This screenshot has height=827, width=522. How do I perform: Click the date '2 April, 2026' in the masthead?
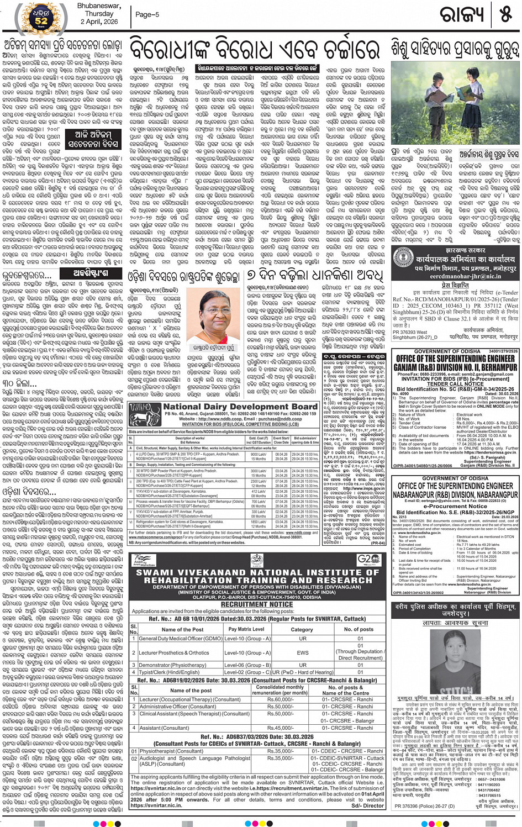coord(99,22)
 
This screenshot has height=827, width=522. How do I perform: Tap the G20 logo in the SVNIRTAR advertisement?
coord(367,559)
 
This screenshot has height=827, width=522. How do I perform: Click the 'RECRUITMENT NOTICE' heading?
coord(257,605)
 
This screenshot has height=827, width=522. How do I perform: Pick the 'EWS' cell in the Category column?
coord(302,652)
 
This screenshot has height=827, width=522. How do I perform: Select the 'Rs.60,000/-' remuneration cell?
coord(280,699)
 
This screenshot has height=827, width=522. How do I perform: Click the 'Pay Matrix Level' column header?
coord(246,629)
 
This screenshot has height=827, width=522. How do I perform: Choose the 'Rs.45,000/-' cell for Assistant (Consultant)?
coord(280,728)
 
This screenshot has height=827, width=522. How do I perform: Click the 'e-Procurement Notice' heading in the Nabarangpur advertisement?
coord(455,505)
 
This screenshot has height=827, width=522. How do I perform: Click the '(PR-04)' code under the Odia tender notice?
coord(378,543)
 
